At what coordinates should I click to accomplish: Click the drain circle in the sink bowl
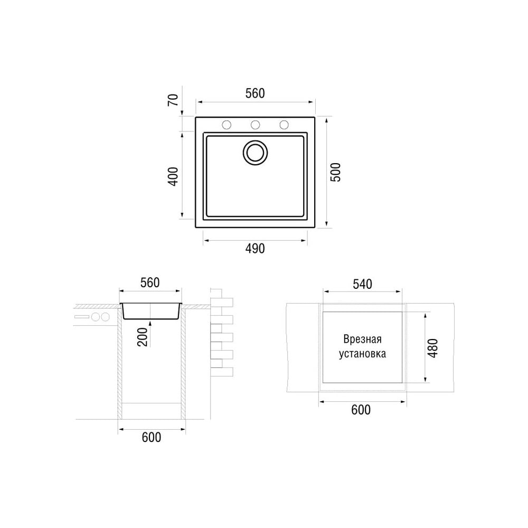(x=255, y=153)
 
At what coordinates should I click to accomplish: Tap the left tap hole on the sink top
(x=227, y=125)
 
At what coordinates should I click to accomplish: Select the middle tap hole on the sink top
(x=255, y=125)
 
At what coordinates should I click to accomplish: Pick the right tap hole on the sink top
(x=284, y=125)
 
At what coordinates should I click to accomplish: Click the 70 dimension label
(x=173, y=100)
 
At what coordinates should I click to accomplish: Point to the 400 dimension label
(x=173, y=176)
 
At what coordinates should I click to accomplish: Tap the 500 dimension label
(x=335, y=173)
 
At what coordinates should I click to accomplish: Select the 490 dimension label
(x=255, y=249)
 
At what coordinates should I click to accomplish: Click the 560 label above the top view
(x=255, y=93)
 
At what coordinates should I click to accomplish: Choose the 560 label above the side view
(x=150, y=283)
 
